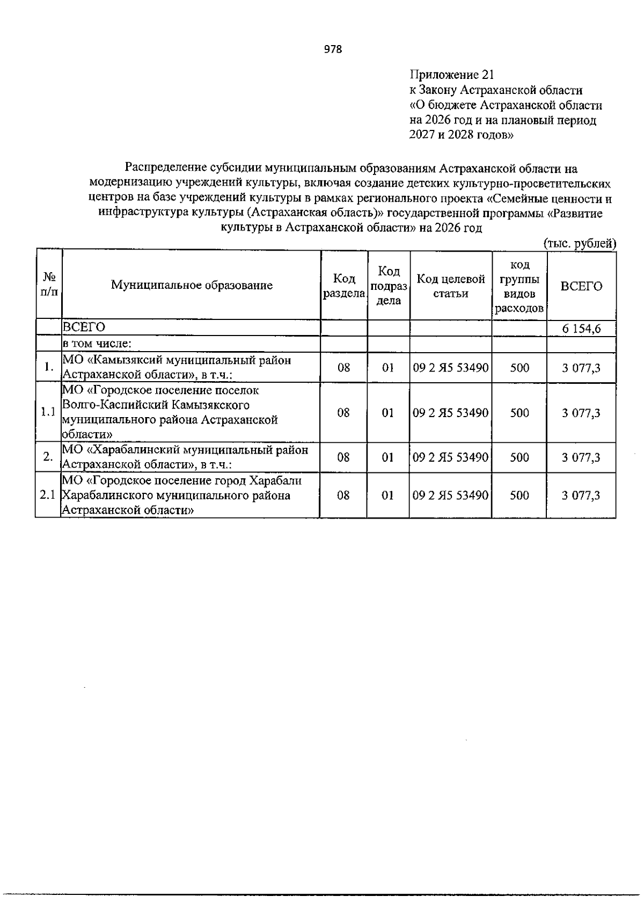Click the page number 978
333,50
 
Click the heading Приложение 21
451,75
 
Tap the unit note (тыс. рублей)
580,243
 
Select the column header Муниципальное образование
192,286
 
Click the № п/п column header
49,285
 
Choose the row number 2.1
48,495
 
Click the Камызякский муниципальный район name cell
177,367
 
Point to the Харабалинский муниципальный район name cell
185,457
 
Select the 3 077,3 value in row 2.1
581,495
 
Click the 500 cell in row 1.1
519,412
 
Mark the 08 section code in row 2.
343,457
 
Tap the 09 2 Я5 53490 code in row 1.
451,368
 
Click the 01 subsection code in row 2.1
387,495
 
